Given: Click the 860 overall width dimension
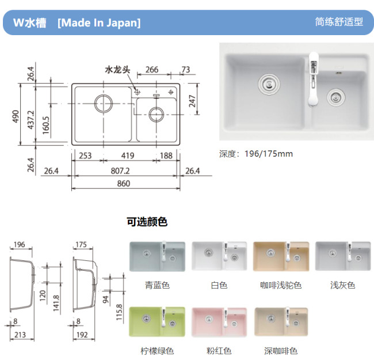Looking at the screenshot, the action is click(124, 184).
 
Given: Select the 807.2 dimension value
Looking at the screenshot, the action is click(120, 171).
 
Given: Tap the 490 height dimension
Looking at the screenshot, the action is click(16, 116).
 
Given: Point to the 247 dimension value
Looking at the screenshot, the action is click(192, 101).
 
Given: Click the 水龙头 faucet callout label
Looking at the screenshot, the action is click(117, 70).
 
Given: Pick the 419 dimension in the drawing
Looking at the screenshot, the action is click(128, 156).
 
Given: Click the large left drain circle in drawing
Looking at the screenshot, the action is click(103, 103).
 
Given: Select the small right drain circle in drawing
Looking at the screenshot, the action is click(157, 115).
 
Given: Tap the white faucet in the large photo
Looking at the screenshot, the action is click(314, 79).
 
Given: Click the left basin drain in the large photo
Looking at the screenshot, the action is click(269, 84).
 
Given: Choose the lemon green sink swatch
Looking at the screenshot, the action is click(157, 322).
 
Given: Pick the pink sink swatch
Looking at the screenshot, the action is click(219, 323).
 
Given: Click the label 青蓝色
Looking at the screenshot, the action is click(157, 285).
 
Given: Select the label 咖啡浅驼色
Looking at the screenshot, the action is click(281, 285).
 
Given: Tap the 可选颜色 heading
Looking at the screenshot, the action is click(147, 222).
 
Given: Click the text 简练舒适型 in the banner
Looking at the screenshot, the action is click(339, 22).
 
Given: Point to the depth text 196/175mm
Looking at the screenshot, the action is click(269, 154).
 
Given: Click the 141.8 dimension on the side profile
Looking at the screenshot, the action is click(56, 303).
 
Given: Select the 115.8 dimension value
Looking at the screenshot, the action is click(119, 312).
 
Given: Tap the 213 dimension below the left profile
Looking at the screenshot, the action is click(20, 335).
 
